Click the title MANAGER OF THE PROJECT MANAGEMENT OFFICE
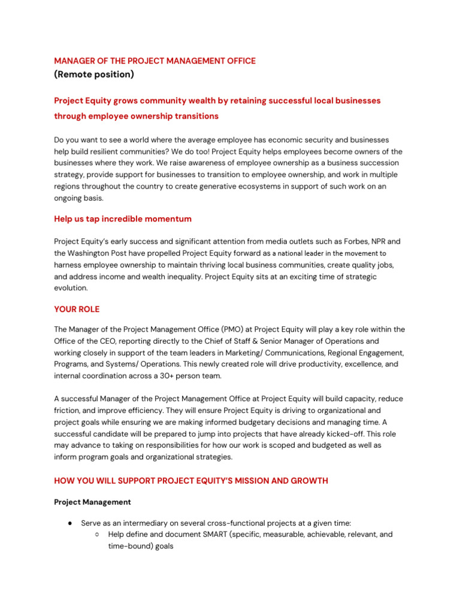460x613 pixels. (155, 61)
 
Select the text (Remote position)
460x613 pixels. (94, 75)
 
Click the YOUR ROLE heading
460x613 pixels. (77, 309)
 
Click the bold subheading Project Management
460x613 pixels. (92, 502)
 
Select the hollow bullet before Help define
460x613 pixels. (98, 534)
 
